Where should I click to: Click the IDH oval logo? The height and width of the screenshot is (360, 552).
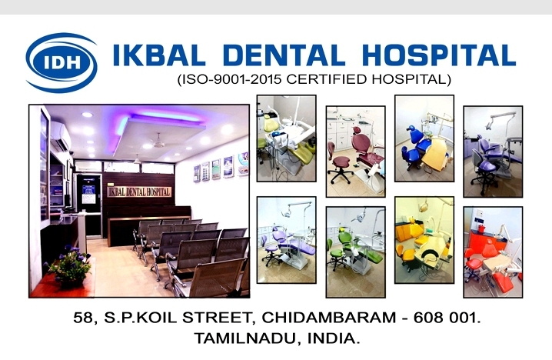click(62, 62)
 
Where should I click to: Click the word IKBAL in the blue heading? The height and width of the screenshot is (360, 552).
click(159, 55)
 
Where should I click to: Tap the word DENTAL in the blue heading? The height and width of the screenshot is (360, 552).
click(284, 55)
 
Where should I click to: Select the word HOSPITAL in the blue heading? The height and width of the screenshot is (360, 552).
click(439, 55)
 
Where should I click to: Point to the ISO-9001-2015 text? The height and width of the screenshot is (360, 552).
click(231, 79)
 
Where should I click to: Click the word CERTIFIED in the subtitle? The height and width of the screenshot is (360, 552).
click(327, 79)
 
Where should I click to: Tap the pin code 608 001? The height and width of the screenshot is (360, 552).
click(446, 318)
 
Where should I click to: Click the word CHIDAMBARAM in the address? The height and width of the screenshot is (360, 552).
click(329, 318)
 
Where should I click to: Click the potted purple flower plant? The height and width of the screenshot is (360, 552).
click(69, 265)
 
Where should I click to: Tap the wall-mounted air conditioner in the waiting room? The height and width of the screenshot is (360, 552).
click(61, 135)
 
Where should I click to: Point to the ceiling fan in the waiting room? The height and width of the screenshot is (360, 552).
click(158, 142)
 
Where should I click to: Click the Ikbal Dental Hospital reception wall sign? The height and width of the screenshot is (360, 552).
click(139, 192)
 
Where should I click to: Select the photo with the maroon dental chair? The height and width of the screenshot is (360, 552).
click(355, 152)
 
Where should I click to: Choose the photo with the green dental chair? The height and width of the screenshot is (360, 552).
click(355, 252)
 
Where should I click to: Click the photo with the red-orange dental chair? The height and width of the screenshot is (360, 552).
click(493, 252)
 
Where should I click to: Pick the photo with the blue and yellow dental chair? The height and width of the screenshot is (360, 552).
click(424, 138)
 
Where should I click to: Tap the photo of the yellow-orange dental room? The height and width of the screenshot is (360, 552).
click(424, 240)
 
